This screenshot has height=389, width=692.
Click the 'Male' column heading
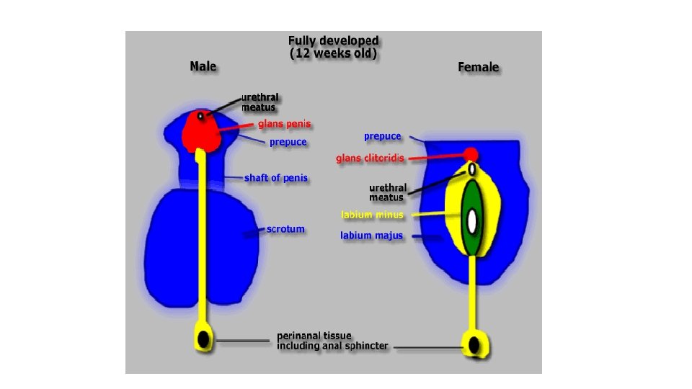[x=203, y=66]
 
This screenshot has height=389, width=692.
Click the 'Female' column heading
[x=478, y=67]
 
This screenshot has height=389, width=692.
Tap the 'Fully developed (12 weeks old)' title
[x=333, y=47]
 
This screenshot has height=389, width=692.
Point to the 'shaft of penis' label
[x=276, y=177]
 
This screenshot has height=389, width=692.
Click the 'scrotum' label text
[x=285, y=229]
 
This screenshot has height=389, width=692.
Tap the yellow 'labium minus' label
[x=372, y=214]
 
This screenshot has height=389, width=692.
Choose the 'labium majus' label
[x=371, y=235]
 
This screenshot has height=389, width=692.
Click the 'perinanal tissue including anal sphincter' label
[x=332, y=341]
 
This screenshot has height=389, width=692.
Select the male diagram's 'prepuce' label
[x=288, y=142]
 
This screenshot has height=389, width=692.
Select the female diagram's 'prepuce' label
[x=382, y=136]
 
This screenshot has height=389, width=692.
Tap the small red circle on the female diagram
[x=471, y=154]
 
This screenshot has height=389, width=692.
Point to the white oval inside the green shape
[x=472, y=221]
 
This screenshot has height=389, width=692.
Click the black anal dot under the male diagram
[x=204, y=339]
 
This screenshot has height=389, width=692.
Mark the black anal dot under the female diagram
[x=474, y=345]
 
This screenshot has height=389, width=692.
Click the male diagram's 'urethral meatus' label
[x=259, y=102]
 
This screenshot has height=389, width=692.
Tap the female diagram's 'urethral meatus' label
[x=387, y=192]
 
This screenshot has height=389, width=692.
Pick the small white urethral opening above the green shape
[x=471, y=169]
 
